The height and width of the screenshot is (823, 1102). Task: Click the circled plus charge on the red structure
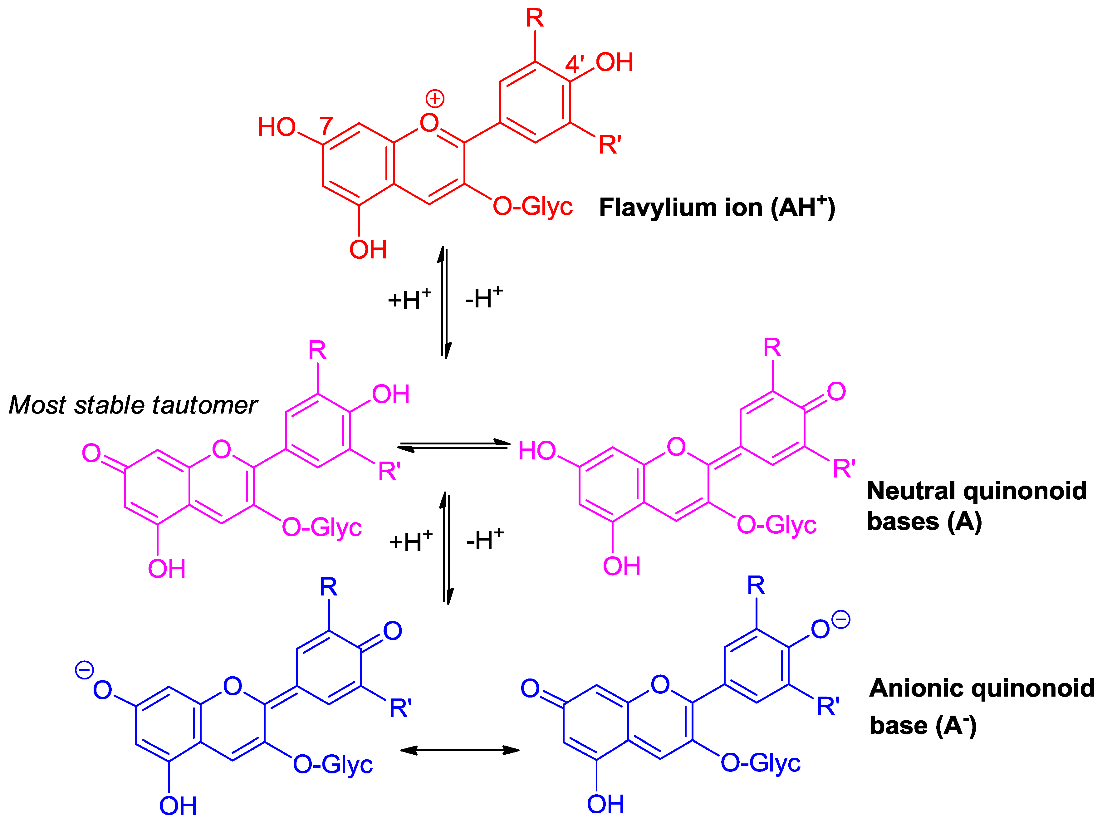pos(435,99)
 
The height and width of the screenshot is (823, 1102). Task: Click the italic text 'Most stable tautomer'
pos(133,405)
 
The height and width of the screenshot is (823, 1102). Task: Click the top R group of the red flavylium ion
pos(535,18)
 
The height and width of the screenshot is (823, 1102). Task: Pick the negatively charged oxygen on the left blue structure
pos(102,690)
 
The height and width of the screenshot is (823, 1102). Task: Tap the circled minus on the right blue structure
pos(841,620)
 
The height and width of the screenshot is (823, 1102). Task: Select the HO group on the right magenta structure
pos(537,451)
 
